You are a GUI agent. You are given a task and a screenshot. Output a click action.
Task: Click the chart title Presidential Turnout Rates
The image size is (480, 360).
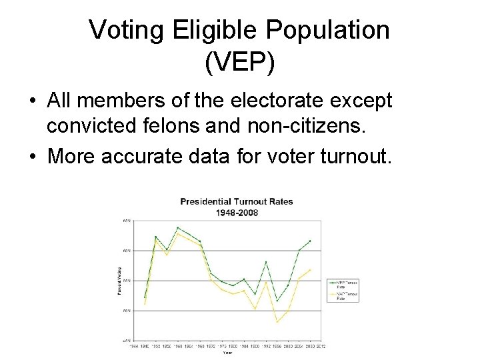coord(237,202)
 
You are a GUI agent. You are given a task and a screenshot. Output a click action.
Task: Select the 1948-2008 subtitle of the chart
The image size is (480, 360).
coord(237,213)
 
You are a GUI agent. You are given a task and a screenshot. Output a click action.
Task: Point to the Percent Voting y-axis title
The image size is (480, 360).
coord(119,280)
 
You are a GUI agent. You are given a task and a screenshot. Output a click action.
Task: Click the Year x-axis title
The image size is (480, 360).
coord(227,353)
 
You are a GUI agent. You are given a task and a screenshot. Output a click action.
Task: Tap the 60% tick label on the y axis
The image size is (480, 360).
coord(126,251)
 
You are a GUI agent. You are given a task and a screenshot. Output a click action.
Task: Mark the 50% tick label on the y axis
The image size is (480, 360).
coord(126,311)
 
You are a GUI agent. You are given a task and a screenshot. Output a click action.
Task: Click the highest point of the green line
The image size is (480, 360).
coord(178,228)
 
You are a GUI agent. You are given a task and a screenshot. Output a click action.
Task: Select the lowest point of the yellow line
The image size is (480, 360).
coord(277,322)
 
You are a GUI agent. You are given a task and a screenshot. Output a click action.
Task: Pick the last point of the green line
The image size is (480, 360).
coord(310,241)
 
